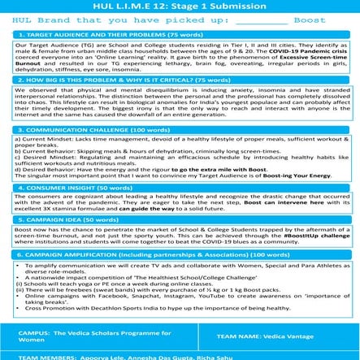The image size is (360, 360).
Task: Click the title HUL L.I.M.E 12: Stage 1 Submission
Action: pos(180,6)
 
